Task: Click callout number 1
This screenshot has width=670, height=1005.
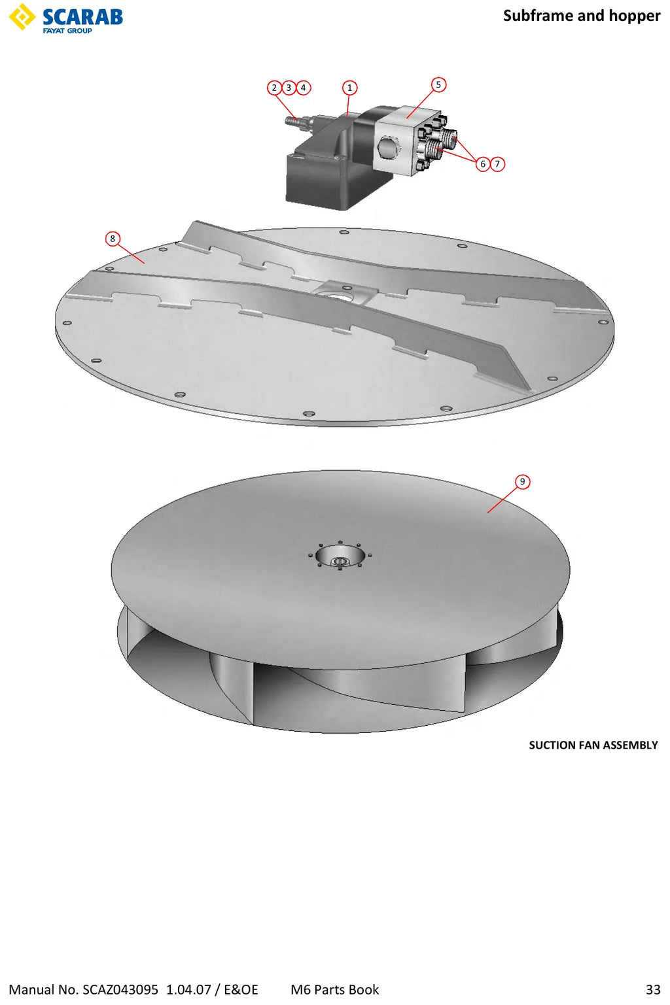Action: tap(349, 88)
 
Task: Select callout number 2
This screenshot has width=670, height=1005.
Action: tap(274, 88)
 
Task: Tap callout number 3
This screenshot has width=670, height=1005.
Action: tap(289, 88)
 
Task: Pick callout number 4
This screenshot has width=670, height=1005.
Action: tap(304, 88)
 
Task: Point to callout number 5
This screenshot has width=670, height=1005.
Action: tap(438, 84)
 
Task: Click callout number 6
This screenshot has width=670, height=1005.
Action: tap(483, 163)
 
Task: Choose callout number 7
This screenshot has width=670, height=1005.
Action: tap(497, 163)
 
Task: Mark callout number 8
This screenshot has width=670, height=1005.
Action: tap(113, 238)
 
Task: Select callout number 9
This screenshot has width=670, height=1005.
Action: tap(522, 481)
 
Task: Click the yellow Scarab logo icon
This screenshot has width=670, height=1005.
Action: tap(22, 16)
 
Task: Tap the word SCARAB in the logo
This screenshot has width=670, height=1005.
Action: tap(82, 17)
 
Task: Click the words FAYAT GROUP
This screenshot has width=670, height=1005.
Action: tap(67, 31)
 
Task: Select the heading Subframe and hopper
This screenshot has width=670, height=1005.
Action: tap(582, 16)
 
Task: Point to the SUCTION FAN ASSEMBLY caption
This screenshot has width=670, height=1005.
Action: tap(593, 745)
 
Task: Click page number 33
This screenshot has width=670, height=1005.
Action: tap(654, 989)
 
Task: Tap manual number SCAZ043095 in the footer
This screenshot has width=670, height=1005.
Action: tap(120, 989)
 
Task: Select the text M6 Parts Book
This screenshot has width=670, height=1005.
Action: tap(334, 989)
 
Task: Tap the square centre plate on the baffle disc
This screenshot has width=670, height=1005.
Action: tap(344, 291)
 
